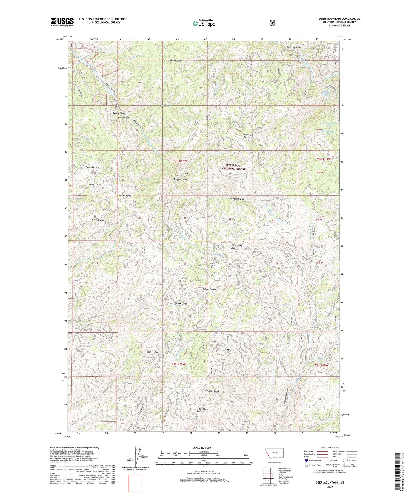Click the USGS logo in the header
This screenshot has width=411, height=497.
pyautogui.click(x=62, y=22)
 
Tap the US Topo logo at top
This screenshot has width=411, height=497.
pyautogui.click(x=204, y=23)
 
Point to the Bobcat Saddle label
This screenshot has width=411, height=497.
pyautogui.click(x=210, y=289)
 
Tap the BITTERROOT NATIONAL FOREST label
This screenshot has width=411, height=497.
pyautogui.click(x=235, y=167)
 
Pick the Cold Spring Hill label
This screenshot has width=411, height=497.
pyautogui.click(x=237, y=247)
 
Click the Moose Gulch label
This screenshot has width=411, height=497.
pyautogui.click(x=176, y=61)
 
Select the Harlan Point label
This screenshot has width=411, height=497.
pyautogui.click(x=125, y=195)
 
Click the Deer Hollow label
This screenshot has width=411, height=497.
pyautogui.click(x=152, y=352)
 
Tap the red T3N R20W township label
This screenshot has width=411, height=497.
pyautogui.click(x=178, y=364)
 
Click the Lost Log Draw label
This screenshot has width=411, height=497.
pyautogui.click(x=293, y=47)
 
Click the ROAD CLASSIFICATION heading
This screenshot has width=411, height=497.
pyautogui.click(x=330, y=447)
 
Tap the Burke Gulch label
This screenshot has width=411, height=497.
pyautogui.click(x=181, y=303)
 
